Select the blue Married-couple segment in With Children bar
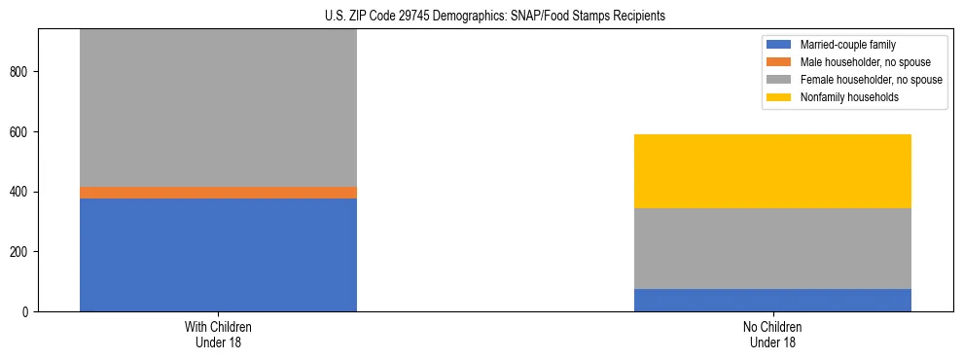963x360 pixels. coord(218,254)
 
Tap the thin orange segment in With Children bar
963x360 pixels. coord(218,193)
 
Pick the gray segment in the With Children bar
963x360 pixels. coord(218,108)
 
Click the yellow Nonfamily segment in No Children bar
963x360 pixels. coord(772,171)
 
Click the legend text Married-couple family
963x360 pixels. coord(848,45)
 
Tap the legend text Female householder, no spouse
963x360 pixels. coord(870,80)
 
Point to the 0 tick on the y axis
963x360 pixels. coord(28,312)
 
